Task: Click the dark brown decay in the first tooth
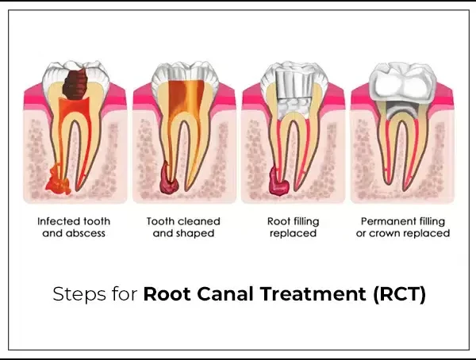click(x=75, y=84)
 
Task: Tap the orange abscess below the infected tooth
click(x=58, y=181)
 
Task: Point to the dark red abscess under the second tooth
click(x=169, y=179)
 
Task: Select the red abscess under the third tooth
click(x=278, y=182)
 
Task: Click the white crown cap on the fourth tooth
click(x=402, y=82)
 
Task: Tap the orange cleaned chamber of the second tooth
click(x=186, y=100)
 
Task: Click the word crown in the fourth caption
click(x=385, y=233)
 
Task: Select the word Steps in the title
click(x=79, y=294)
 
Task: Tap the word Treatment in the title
click(x=313, y=294)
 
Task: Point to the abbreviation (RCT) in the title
click(x=400, y=294)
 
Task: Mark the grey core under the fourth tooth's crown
click(x=402, y=110)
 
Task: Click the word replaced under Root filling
click(x=293, y=233)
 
